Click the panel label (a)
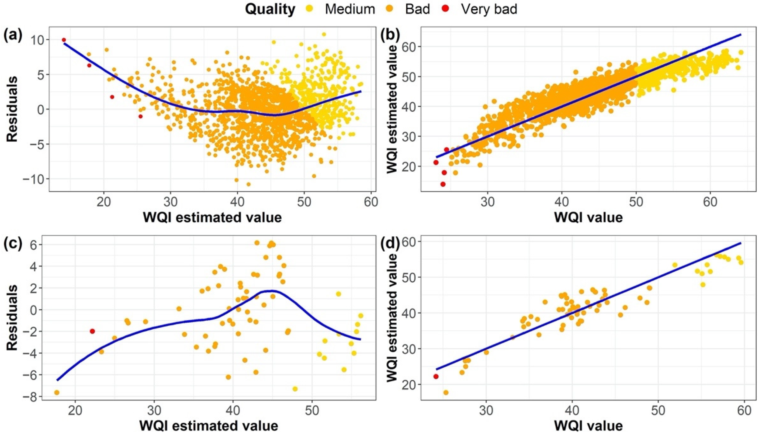pos(13,36)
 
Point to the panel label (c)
pos(13,244)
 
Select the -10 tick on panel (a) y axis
pos(32,179)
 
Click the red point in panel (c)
pos(92,331)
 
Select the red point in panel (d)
pos(436,376)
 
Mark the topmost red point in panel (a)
pos(64,40)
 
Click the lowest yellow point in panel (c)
pos(295,389)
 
